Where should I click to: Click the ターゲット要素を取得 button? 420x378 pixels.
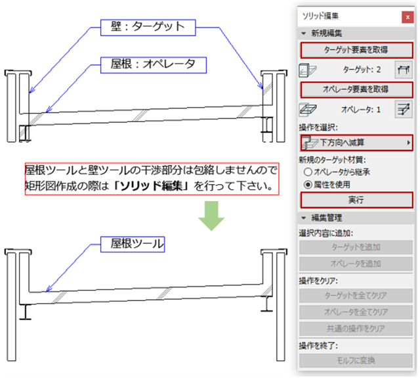(x=356, y=49)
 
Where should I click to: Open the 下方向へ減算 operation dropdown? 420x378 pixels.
(x=356, y=142)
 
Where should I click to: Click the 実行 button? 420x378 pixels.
(x=356, y=199)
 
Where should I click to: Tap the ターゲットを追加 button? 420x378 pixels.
(x=356, y=247)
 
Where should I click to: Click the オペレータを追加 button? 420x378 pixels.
(x=356, y=263)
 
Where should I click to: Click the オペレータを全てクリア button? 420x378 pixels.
(x=356, y=311)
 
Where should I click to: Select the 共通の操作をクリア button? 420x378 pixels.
(x=356, y=327)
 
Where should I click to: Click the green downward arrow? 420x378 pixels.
(x=209, y=218)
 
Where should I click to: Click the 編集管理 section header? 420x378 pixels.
(x=327, y=217)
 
